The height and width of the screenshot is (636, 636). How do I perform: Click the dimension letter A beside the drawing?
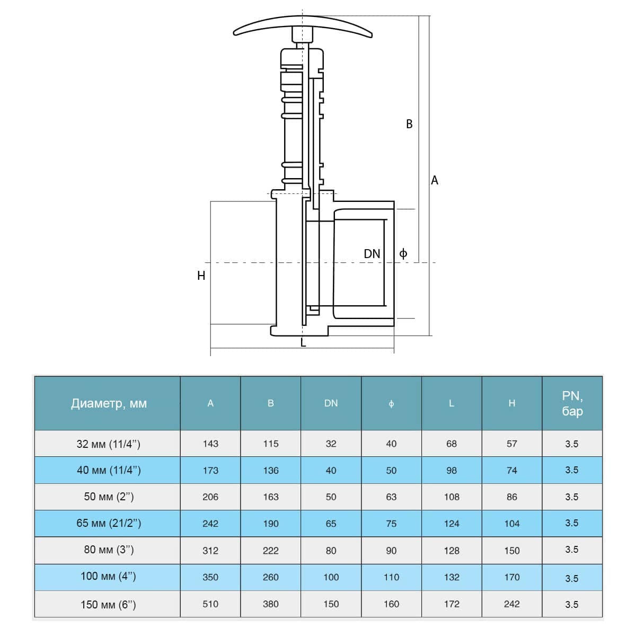435,180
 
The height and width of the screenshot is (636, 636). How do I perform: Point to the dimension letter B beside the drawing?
409,124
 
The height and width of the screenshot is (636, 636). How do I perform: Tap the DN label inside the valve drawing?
372,254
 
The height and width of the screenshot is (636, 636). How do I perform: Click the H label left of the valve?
201,276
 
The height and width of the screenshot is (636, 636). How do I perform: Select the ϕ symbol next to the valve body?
403,253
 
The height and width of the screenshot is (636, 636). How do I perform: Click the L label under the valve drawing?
303,343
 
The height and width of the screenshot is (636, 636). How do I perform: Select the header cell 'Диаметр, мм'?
109,403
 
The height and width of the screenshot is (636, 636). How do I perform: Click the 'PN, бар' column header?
572,403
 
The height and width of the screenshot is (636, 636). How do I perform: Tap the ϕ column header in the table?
391,404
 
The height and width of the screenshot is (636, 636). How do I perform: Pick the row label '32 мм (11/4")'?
109,444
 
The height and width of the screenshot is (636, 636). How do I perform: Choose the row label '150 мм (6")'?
108,604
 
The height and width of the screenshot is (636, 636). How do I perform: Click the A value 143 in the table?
210,444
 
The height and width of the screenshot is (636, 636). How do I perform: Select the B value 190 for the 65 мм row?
271,524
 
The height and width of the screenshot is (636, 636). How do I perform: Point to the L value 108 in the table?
452,497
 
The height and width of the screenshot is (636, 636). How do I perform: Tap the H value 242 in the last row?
511,604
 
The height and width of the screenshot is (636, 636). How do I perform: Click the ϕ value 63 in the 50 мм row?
391,497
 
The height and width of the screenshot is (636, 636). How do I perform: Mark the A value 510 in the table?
210,604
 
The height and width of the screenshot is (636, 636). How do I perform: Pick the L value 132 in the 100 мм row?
452,577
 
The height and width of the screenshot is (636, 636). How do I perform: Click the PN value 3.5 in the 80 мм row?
572,550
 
